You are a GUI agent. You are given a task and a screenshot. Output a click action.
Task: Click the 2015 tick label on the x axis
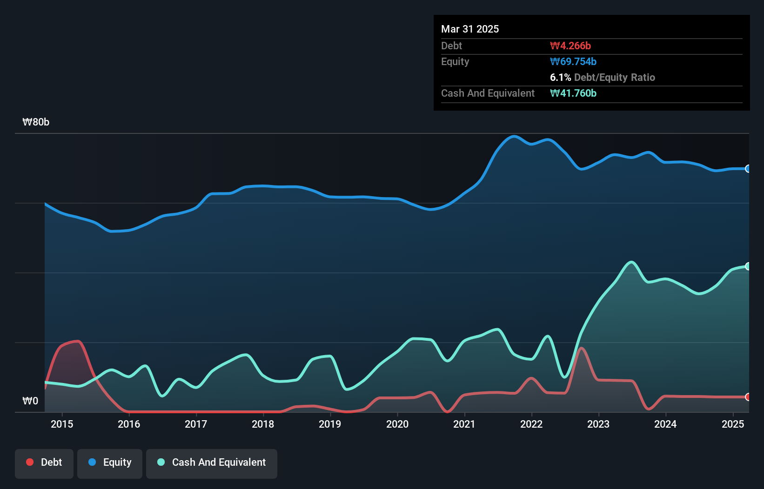pyautogui.click(x=62, y=424)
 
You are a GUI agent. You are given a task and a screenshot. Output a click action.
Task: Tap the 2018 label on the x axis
pyautogui.click(x=263, y=424)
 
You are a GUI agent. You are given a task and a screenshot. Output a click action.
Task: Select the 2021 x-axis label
pyautogui.click(x=464, y=424)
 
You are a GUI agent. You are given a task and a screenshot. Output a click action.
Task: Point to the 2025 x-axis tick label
pyautogui.click(x=733, y=424)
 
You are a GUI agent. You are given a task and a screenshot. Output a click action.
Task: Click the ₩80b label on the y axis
pyautogui.click(x=36, y=122)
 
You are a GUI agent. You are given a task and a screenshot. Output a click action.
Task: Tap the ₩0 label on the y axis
pyautogui.click(x=30, y=401)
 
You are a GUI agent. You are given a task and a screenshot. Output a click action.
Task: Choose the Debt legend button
pyautogui.click(x=44, y=463)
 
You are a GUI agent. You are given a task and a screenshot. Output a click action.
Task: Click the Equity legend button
pyautogui.click(x=110, y=463)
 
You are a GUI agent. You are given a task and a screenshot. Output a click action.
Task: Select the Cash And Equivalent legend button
pyautogui.click(x=212, y=463)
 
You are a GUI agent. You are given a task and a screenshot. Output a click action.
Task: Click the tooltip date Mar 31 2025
pyautogui.click(x=470, y=29)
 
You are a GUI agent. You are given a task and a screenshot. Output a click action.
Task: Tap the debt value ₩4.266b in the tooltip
pyautogui.click(x=570, y=46)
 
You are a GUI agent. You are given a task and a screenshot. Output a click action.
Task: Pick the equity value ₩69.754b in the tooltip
pyautogui.click(x=573, y=61)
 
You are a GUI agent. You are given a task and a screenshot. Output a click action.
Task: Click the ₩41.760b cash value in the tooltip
pyautogui.click(x=573, y=93)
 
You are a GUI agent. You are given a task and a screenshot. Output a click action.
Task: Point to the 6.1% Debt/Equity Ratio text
pyautogui.click(x=603, y=77)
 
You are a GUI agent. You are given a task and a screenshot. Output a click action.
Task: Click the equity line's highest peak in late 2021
pyautogui.click(x=514, y=136)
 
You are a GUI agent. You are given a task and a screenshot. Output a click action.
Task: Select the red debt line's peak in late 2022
pyautogui.click(x=581, y=348)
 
